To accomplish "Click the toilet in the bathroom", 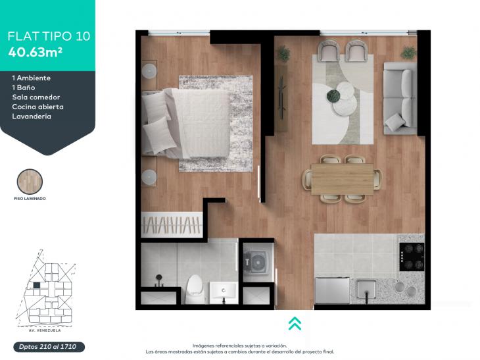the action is [195, 289].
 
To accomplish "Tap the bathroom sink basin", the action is [223, 290].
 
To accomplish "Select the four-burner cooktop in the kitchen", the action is [412, 257].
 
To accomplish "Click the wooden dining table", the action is [342, 179].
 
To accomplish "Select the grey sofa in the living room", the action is [400, 98].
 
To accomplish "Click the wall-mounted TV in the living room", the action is [282, 98].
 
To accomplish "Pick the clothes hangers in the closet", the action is [172, 224].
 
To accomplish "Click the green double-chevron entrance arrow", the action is [295, 323].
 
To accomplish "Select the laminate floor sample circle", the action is [30, 182].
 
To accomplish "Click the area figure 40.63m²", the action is [36, 52].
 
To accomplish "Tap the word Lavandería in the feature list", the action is [32, 116].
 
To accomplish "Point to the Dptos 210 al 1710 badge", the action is [49, 347].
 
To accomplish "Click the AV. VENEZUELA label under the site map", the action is [45, 330].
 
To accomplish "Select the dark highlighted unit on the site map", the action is [37, 285].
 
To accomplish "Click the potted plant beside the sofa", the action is [408, 53].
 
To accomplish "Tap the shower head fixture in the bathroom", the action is [159, 278].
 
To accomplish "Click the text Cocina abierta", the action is [37, 107].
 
